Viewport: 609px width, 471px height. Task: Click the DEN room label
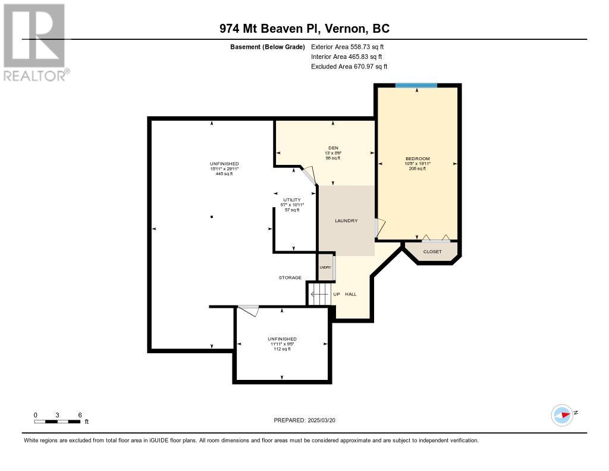(333, 148)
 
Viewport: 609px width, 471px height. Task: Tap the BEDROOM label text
(417, 158)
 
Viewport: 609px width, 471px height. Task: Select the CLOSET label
(432, 252)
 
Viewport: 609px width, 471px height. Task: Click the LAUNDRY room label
(346, 220)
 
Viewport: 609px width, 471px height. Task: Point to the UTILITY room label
(291, 200)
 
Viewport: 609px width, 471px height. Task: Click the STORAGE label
(290, 277)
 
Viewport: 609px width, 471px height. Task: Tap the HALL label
(351, 294)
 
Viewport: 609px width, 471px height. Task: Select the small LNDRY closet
(325, 267)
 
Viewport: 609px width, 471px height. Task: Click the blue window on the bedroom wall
(416, 85)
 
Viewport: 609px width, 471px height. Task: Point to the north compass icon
(563, 415)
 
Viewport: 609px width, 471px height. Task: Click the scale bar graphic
(58, 422)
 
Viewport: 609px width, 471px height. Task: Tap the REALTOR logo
(35, 42)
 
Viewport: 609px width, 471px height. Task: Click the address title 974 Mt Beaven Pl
(269, 29)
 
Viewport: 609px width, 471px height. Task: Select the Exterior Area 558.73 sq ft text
(347, 46)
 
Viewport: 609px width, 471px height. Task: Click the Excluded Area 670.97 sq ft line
(349, 67)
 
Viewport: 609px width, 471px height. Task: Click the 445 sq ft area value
(224, 174)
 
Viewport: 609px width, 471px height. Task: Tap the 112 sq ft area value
(282, 349)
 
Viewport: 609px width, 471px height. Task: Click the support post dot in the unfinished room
(212, 217)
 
